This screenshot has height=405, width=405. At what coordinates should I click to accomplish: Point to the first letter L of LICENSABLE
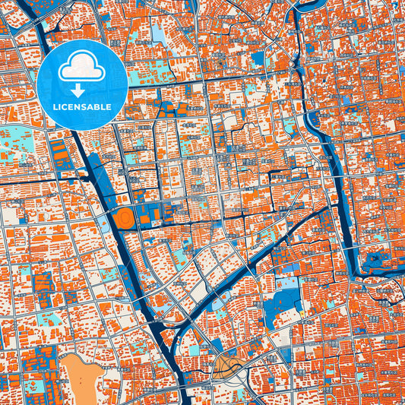55,107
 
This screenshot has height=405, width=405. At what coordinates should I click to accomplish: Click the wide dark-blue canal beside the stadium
106,220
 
